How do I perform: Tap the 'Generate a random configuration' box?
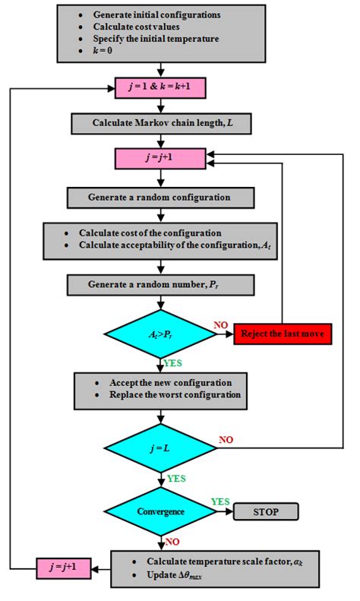click(159, 198)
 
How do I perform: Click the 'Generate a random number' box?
click(159, 286)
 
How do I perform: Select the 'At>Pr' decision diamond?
click(159, 334)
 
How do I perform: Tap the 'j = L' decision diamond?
click(159, 448)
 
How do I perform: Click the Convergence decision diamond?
click(159, 511)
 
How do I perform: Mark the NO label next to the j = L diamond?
click(226, 439)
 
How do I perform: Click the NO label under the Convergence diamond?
click(174, 542)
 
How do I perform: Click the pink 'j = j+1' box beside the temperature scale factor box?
click(64, 567)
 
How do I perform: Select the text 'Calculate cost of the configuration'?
click(156, 232)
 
